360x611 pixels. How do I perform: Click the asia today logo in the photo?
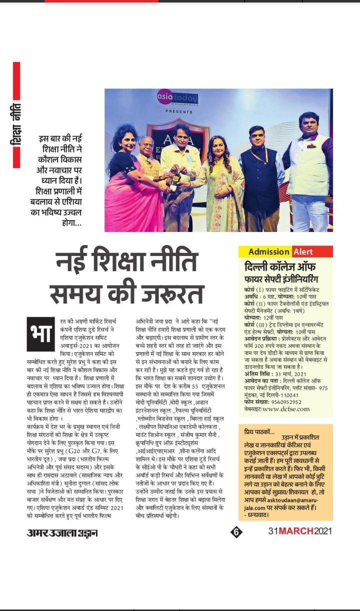coord(177,98)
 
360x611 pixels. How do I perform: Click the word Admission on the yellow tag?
coord(269,251)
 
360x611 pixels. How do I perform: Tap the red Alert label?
coord(303,251)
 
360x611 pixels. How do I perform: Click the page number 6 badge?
coord(236,532)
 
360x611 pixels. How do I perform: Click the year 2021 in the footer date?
coord(323,531)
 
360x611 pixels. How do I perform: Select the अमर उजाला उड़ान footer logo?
coord(61,533)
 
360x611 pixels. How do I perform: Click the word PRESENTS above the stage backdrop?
coord(178,111)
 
